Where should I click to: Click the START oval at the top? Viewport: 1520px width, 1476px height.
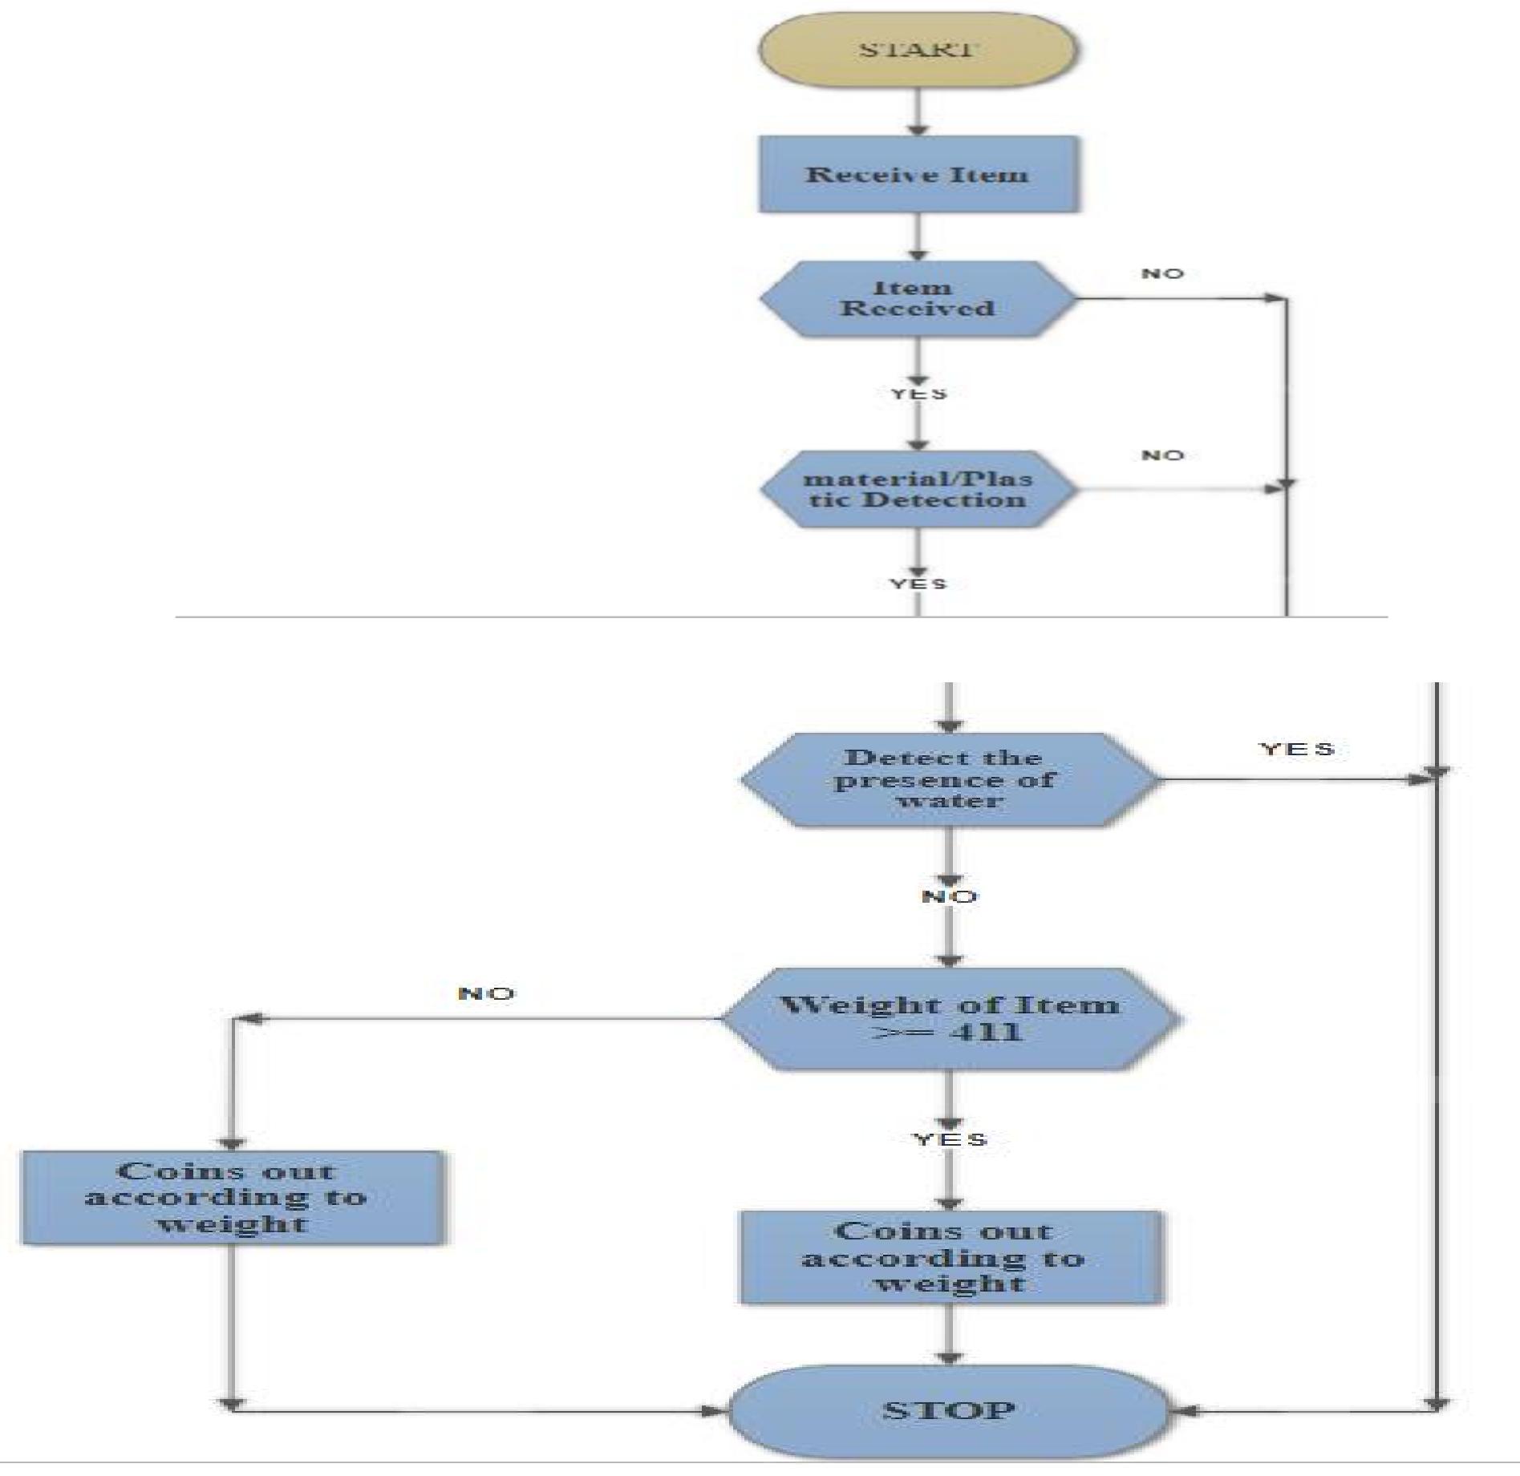coord(918,50)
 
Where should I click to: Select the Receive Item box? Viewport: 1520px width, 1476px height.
coord(918,175)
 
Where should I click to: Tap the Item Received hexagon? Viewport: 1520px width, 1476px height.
coord(918,298)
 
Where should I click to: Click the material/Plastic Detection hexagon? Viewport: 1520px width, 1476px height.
coord(918,489)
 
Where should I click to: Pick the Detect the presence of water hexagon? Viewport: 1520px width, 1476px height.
coord(950,779)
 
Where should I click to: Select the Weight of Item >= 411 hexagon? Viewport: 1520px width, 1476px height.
coord(950,1018)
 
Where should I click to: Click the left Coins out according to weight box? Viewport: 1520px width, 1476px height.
coord(232,1198)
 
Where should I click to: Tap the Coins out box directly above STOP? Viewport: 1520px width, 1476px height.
coord(950,1257)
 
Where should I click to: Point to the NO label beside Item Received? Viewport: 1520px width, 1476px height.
coord(1162,274)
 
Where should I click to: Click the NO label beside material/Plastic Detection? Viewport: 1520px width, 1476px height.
coord(1162,455)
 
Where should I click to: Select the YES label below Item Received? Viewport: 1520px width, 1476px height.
coord(919,394)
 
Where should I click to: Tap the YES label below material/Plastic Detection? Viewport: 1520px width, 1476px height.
coord(918,584)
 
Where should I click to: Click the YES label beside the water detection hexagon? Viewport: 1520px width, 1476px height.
coord(1297,749)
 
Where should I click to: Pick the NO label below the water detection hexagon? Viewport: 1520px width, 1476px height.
coord(950,896)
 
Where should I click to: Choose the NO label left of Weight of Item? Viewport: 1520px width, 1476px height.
coord(486,994)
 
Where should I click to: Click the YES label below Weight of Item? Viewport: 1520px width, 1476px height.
coord(951,1139)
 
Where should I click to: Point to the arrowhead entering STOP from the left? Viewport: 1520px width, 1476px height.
coord(713,1411)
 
